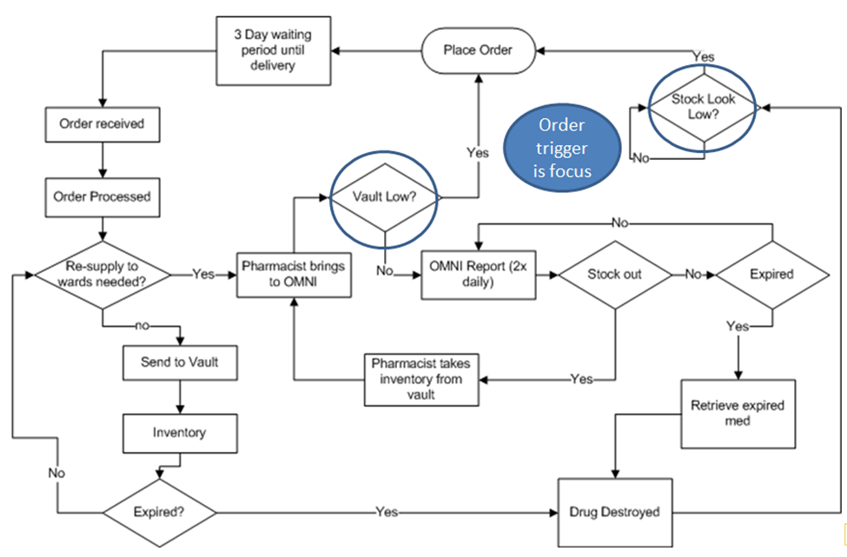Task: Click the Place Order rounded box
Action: (x=477, y=50)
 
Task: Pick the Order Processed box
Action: (x=104, y=196)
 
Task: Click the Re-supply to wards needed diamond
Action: (x=103, y=274)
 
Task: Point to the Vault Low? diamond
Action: (x=384, y=198)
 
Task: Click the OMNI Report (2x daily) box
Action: (x=476, y=275)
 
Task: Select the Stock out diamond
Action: (x=615, y=275)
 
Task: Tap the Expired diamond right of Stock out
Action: (x=771, y=275)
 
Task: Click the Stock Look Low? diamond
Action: (x=703, y=107)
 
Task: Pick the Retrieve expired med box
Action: (x=738, y=414)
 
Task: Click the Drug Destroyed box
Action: (x=614, y=512)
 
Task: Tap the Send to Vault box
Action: (x=179, y=362)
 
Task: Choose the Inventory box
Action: (x=179, y=431)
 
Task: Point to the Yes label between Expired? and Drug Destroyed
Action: (x=387, y=512)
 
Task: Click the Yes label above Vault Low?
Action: (x=478, y=153)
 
